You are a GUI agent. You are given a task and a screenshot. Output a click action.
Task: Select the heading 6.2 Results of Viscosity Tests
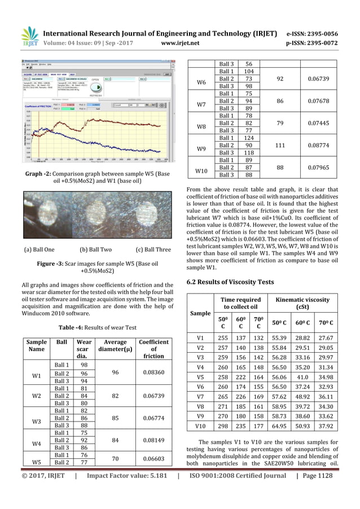click(x=230, y=282)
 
